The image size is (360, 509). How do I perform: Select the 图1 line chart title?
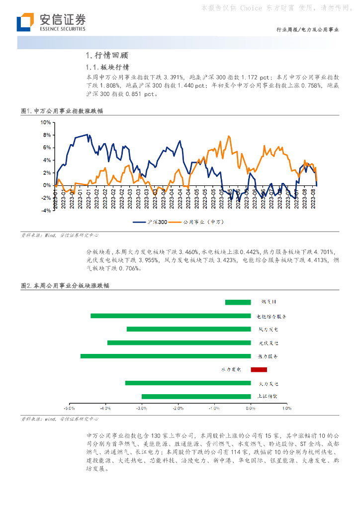pyautogui.click(x=62, y=111)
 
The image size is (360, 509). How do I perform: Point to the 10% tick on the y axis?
pyautogui.click(x=45, y=122)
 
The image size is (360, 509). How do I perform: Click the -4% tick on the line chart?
pyautogui.click(x=45, y=211)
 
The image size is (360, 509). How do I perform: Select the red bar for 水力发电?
pyautogui.click(x=259, y=369)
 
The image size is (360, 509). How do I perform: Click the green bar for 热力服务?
pyautogui.click(x=166, y=356)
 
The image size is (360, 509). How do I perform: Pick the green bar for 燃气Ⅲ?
pyautogui.click(x=238, y=302)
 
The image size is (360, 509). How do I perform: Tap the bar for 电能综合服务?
pyautogui.click(x=171, y=316)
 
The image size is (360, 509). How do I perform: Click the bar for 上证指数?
pyautogui.click(x=196, y=396)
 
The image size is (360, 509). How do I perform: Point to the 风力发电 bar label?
pyautogui.click(x=268, y=330)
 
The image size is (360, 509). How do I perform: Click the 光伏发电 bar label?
pyautogui.click(x=268, y=343)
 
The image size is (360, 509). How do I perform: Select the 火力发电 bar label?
pyautogui.click(x=268, y=383)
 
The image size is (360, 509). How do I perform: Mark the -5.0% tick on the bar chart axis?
pyautogui.click(x=69, y=408)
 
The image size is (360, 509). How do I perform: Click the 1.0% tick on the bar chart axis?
pyautogui.click(x=287, y=408)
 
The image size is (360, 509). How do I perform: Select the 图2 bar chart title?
pyautogui.click(x=65, y=286)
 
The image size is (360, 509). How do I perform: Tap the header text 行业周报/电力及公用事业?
pyautogui.click(x=307, y=30)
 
